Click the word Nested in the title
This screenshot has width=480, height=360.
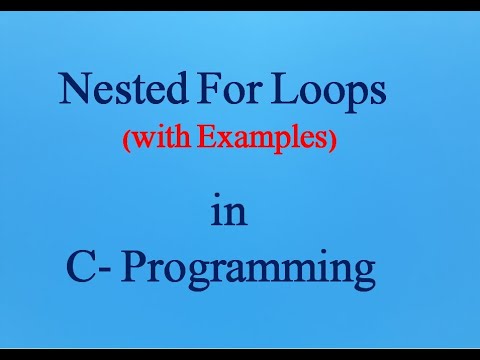(123, 89)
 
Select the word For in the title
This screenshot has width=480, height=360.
(227, 89)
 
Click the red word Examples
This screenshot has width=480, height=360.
(260, 140)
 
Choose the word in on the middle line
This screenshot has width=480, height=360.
(229, 210)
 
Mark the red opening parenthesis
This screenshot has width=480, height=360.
(127, 140)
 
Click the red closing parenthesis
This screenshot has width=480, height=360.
(331, 140)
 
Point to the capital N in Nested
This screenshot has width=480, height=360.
(75, 88)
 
